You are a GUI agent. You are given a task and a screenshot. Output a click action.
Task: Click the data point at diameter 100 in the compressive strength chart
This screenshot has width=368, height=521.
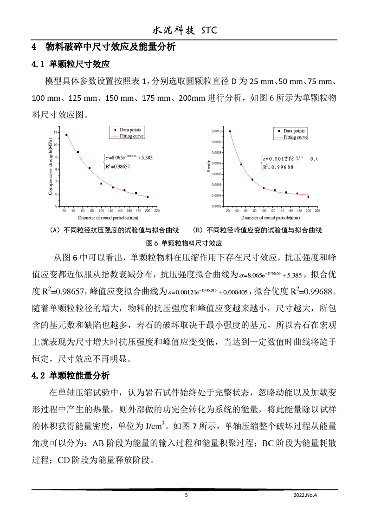[101, 184]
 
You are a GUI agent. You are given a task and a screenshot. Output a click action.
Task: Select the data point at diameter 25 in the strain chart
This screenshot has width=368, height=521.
[230, 131]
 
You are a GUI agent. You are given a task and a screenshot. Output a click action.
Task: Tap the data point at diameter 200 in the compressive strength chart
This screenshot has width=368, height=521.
[148, 197]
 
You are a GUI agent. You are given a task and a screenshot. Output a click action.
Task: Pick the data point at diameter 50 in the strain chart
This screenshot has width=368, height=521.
[241, 164]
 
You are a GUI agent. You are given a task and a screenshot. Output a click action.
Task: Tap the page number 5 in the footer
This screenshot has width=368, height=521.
[186, 495]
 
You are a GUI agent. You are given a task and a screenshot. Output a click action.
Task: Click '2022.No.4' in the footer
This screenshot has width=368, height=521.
[308, 495]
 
